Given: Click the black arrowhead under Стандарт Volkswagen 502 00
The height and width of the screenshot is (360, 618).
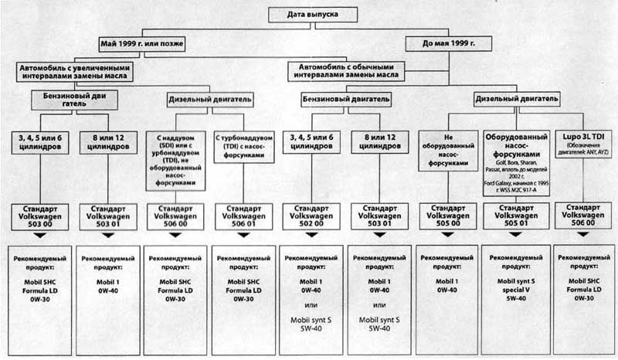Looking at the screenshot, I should point(312,234).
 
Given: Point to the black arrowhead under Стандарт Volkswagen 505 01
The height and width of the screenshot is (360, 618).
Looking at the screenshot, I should point(516,234).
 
